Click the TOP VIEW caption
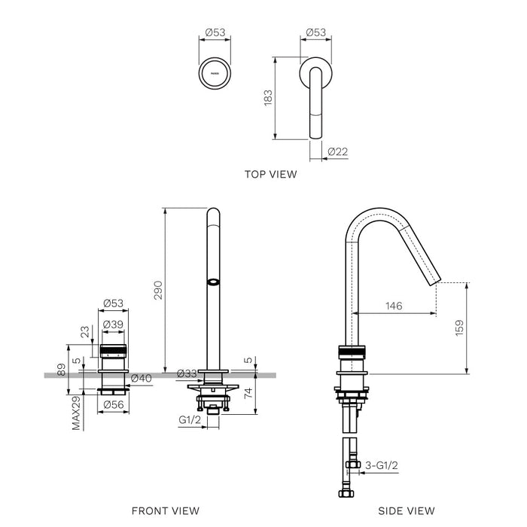(x=270, y=174)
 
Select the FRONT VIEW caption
(x=166, y=510)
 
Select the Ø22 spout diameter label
(x=338, y=152)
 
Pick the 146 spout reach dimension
(x=394, y=306)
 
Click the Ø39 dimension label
(x=113, y=324)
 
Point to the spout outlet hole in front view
(x=213, y=283)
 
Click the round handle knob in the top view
(x=215, y=75)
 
